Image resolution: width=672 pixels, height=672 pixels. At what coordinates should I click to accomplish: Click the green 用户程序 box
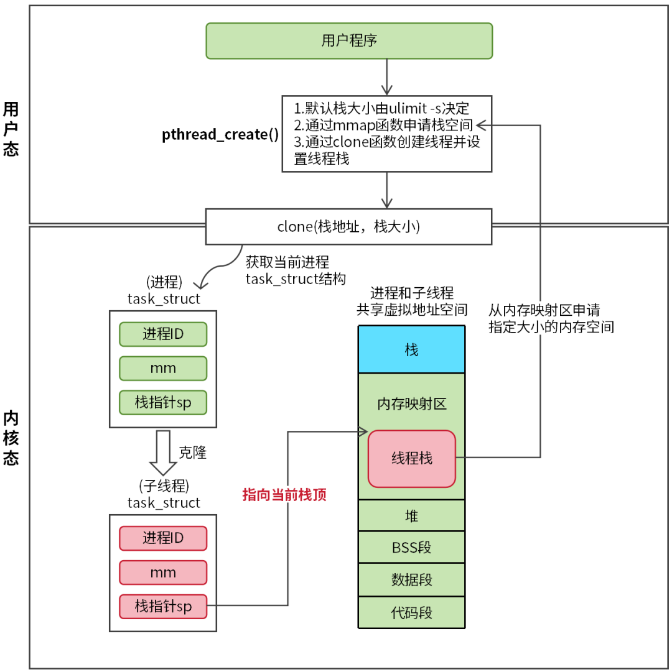[x=349, y=41]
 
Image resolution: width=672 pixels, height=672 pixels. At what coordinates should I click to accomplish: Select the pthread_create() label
[x=220, y=135]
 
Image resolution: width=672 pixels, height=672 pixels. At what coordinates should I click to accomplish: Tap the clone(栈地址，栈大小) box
[x=349, y=226]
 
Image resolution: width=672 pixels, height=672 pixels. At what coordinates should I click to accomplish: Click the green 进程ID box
[x=163, y=334]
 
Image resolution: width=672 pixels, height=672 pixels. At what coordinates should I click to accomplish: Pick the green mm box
[x=163, y=368]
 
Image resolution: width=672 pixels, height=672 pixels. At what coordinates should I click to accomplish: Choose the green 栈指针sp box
[x=163, y=402]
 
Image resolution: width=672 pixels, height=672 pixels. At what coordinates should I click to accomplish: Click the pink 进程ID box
[x=163, y=538]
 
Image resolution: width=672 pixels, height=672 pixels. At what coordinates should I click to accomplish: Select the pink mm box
[x=163, y=573]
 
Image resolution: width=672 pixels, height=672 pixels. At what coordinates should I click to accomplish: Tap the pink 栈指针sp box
[x=163, y=607]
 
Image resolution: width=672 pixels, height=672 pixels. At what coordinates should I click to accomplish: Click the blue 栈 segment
[x=411, y=349]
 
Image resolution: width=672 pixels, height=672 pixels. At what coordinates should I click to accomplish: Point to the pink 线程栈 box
[x=411, y=459]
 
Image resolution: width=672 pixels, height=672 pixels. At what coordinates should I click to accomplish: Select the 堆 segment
[x=411, y=515]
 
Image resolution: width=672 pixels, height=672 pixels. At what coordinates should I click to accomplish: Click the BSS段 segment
[x=411, y=548]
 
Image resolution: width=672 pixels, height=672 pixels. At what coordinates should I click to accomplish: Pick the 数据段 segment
[x=411, y=580]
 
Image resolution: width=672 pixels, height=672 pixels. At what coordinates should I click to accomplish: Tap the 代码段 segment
[x=411, y=613]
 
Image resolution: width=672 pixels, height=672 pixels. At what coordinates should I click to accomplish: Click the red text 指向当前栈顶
[x=284, y=495]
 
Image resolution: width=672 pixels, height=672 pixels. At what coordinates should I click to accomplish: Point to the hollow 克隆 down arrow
[x=163, y=453]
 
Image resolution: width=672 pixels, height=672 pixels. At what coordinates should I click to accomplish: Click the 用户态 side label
[x=11, y=129]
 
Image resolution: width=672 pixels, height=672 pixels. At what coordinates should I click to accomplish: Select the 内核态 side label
[x=11, y=438]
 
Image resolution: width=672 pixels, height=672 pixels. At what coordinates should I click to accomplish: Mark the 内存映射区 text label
[x=411, y=405]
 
